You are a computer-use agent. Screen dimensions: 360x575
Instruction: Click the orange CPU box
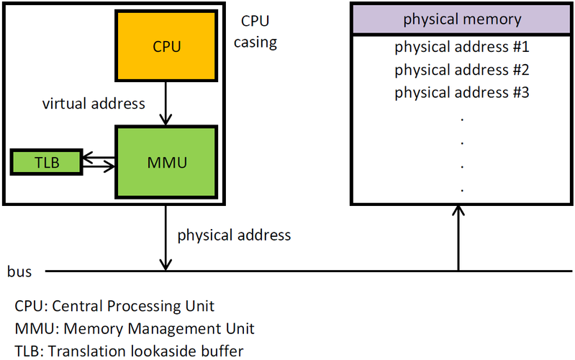[166, 46]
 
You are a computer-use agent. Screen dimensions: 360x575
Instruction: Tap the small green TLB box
[45, 162]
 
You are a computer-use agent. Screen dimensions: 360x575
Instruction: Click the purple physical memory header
[461, 19]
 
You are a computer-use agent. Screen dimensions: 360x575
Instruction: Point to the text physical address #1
[461, 48]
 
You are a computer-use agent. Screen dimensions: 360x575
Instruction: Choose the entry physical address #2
[461, 71]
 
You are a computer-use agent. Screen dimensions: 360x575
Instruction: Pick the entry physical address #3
[461, 93]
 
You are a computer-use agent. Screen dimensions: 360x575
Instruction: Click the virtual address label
[94, 104]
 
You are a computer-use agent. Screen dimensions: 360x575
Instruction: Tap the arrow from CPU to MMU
[167, 104]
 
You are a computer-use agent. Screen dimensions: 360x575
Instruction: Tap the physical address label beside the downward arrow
[234, 235]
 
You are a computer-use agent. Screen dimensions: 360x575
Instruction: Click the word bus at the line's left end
[19, 271]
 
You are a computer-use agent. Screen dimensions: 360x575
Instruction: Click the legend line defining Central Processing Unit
[114, 306]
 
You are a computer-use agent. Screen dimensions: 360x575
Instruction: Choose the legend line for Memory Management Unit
[135, 329]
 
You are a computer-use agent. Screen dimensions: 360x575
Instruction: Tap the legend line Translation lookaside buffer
[129, 351]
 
